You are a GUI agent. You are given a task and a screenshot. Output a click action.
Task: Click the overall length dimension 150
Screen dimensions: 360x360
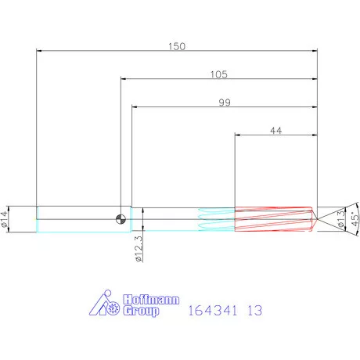click(x=177, y=46)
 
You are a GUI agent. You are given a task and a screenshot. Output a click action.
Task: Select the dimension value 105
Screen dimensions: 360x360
click(x=218, y=74)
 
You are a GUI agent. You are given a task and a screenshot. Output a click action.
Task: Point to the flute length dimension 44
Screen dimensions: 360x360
click(x=275, y=131)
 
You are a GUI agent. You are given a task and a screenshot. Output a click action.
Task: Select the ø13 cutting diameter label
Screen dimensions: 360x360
click(x=340, y=219)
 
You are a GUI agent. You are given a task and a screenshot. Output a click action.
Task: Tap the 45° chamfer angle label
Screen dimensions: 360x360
click(x=354, y=217)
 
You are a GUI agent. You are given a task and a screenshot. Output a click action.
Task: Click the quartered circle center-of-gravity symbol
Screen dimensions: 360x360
click(x=121, y=218)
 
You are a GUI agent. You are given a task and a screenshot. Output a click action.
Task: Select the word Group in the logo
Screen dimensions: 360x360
click(x=142, y=311)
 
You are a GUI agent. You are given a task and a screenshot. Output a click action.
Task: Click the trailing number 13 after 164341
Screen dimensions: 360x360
click(x=253, y=311)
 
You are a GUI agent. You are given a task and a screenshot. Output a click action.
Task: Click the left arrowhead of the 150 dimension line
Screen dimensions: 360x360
click(x=39, y=51)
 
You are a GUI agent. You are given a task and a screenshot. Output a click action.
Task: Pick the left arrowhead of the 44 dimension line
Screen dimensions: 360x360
click(x=238, y=135)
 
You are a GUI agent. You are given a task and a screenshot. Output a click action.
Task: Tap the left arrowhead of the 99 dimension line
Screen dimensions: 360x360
click(x=134, y=107)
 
